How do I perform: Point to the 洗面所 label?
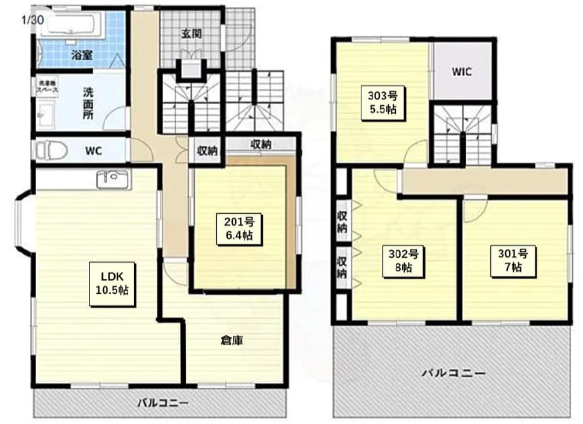coord(88,103)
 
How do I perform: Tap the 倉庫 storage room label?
coord(233,341)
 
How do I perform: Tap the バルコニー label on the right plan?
coord(454,373)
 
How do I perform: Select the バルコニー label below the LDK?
coord(164,403)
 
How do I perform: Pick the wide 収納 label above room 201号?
coord(261,144)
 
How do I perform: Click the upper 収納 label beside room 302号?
coord(342,220)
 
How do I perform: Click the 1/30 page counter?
coord(32,20)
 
